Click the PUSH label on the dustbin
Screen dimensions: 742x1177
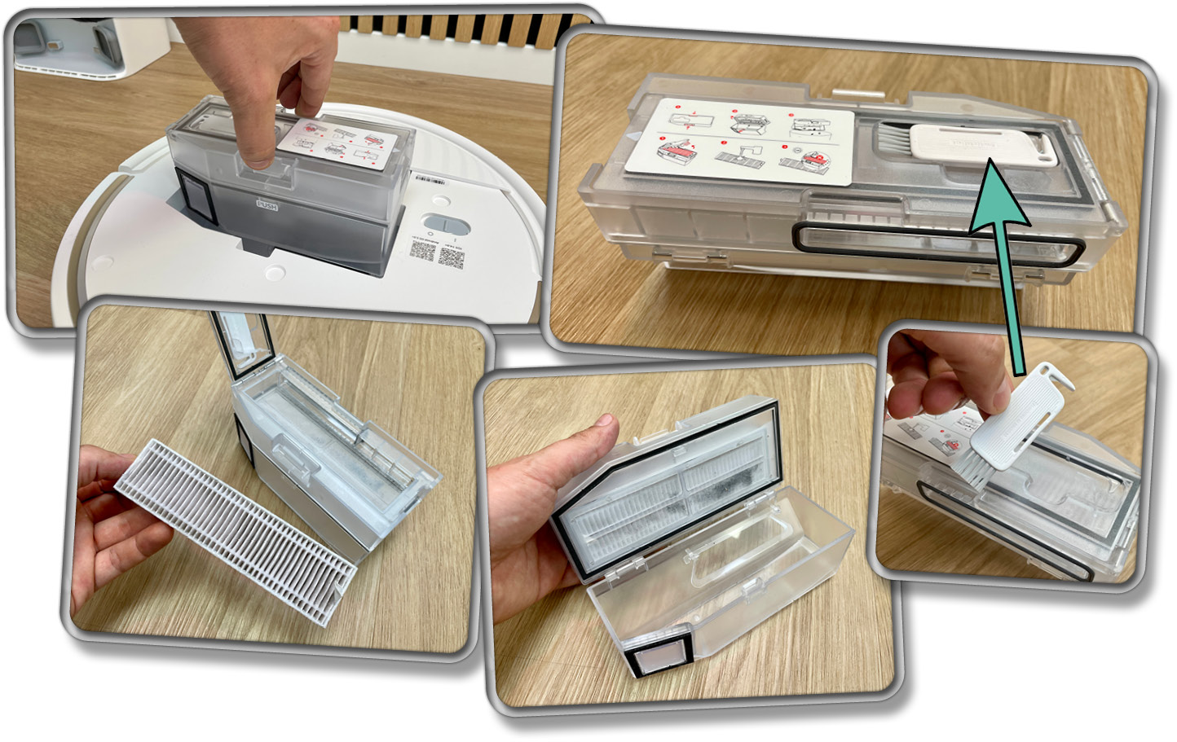(x=267, y=206)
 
